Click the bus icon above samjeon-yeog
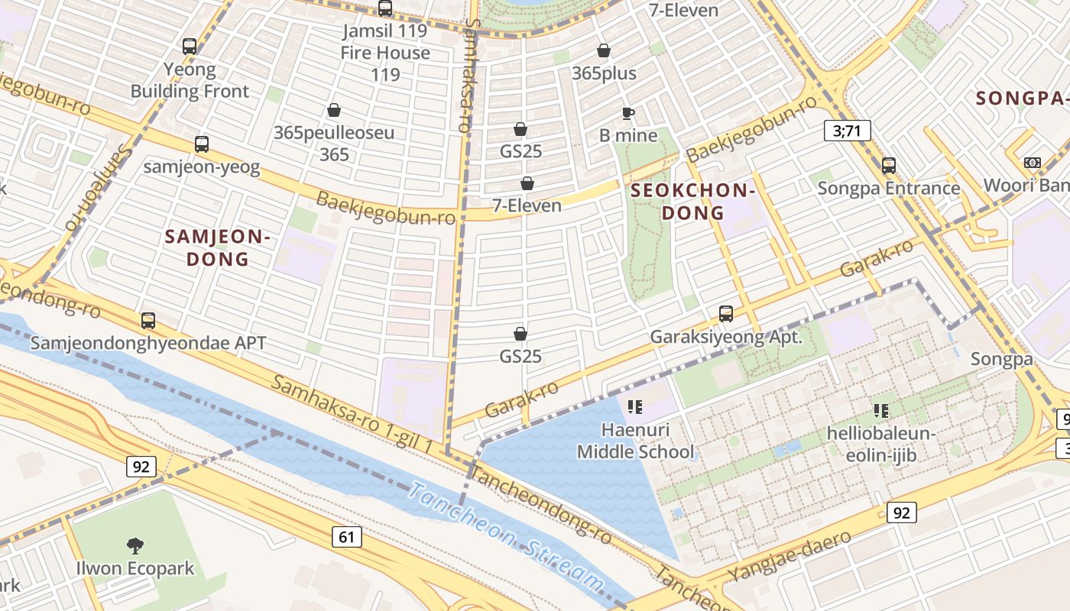point(202,144)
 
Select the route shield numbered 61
point(346,537)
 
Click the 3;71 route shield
point(847,131)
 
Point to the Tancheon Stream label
point(505,537)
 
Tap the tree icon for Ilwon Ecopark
point(135,545)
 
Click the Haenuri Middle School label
point(636,441)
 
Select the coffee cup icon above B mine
point(627,113)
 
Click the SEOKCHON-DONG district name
point(693,202)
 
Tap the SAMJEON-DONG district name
point(218,248)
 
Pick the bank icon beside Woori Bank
point(1032,163)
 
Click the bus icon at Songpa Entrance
point(888,165)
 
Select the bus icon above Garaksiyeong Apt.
point(725,313)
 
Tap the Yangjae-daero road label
point(790,555)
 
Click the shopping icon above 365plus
point(604,50)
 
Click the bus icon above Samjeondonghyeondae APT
point(148,320)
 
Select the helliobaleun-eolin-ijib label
point(881,445)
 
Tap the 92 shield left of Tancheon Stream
point(141,466)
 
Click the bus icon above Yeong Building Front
point(190,47)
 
